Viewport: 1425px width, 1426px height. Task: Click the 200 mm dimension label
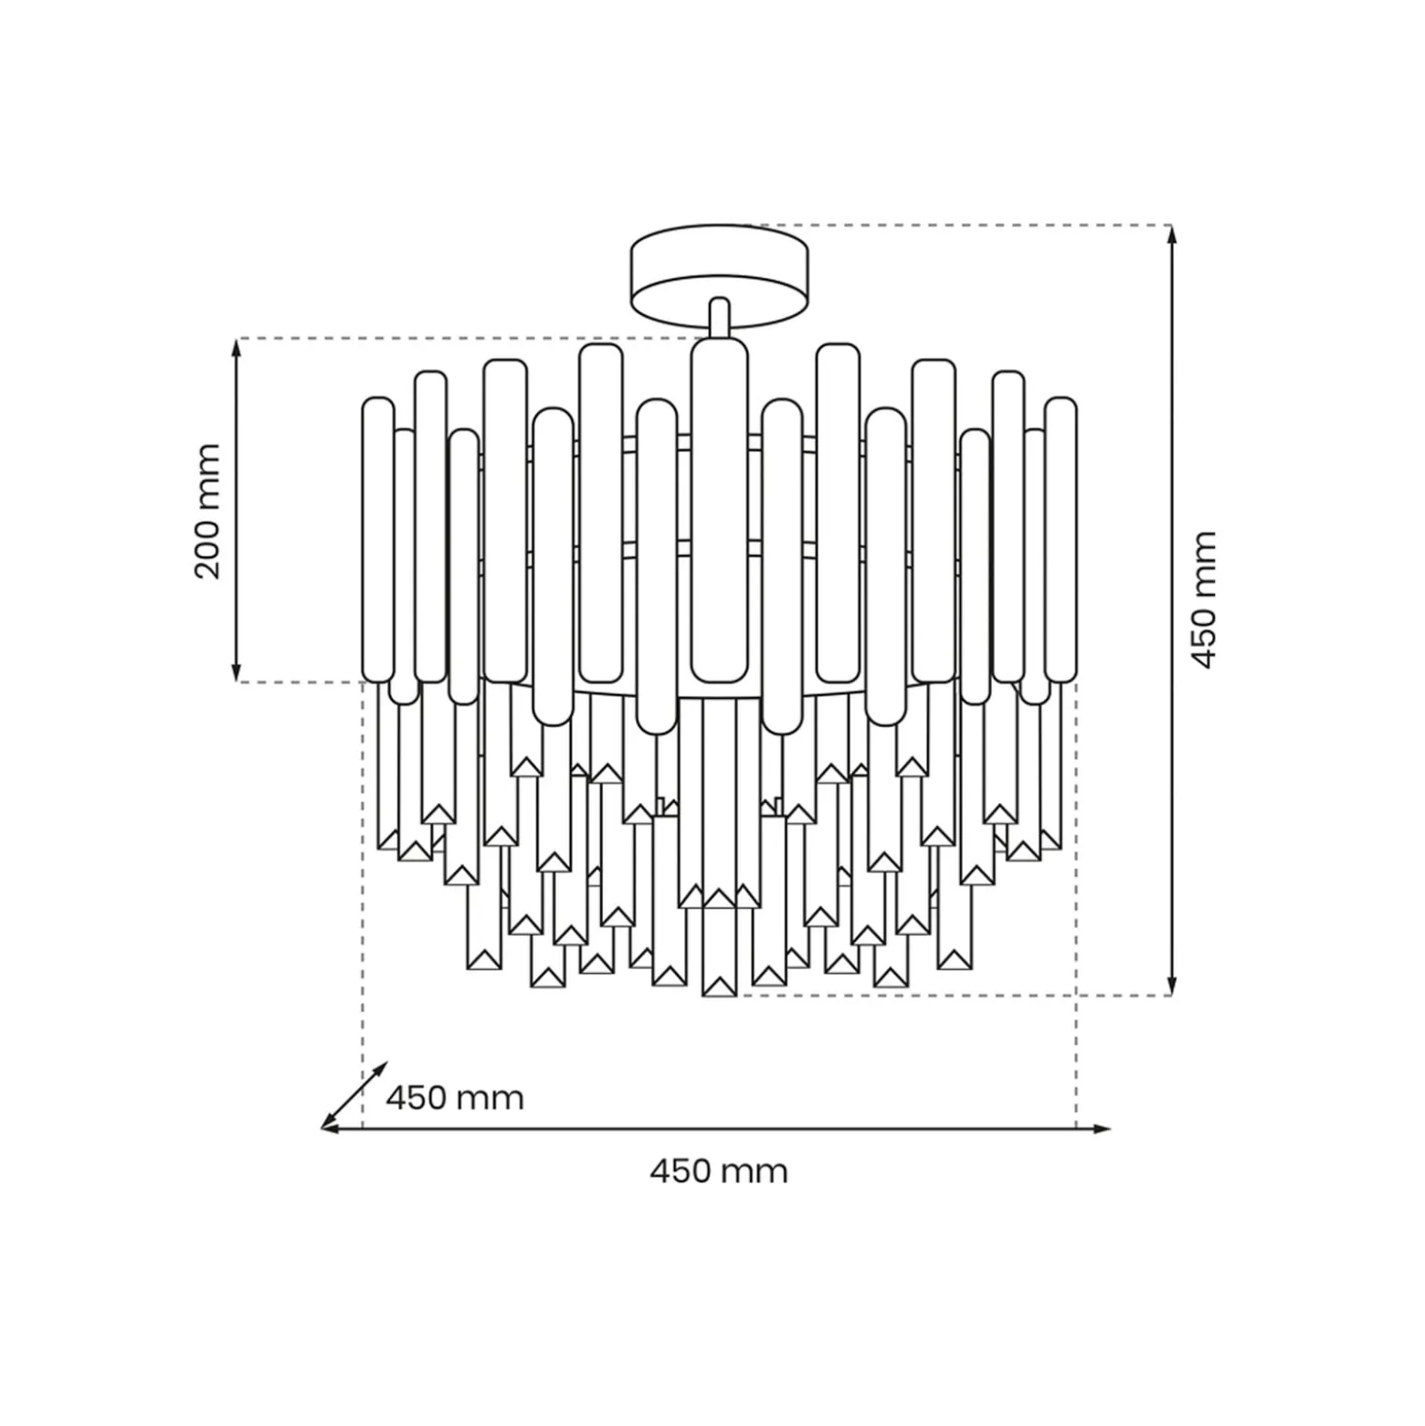click(x=208, y=511)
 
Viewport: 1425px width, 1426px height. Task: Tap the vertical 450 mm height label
click(x=1204, y=600)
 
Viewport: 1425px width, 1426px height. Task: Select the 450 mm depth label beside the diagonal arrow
click(x=455, y=1097)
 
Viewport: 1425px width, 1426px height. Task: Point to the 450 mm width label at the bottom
click(x=719, y=1171)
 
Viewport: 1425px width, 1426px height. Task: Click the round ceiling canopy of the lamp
click(x=720, y=275)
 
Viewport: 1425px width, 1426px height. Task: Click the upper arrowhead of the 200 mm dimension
click(x=237, y=347)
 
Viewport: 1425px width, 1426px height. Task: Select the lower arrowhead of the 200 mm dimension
click(x=237, y=672)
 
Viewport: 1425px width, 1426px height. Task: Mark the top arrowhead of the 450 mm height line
click(x=1173, y=235)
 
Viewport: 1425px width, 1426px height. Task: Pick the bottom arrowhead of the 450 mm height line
click(x=1173, y=986)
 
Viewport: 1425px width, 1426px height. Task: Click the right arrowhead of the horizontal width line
click(x=1102, y=1129)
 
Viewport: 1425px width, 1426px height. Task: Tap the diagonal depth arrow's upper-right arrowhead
click(x=381, y=1069)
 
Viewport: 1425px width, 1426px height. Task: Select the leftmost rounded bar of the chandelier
click(x=378, y=540)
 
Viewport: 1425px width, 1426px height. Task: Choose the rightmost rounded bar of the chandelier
click(x=1061, y=540)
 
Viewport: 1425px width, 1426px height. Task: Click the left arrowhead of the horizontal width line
click(x=331, y=1129)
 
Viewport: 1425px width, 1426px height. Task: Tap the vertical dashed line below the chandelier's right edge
click(x=1076, y=904)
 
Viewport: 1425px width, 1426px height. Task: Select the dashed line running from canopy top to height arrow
click(x=959, y=225)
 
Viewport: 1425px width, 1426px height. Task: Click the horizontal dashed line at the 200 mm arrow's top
click(x=466, y=339)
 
